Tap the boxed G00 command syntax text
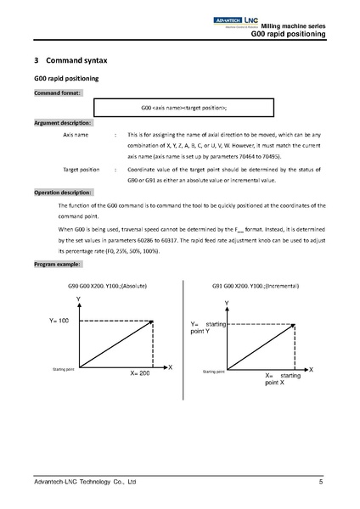click(x=183, y=109)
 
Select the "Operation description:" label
click(x=65, y=193)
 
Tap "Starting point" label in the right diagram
click(x=213, y=371)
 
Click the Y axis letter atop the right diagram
click(x=227, y=303)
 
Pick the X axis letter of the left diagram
click(x=170, y=366)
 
